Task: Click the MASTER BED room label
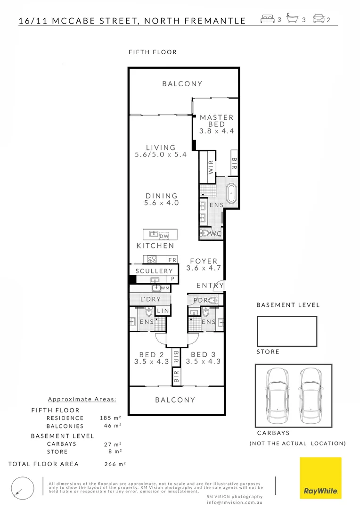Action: (216, 121)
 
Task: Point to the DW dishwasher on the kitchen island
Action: (164, 235)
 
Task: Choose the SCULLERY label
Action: (154, 271)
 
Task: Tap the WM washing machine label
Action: (165, 288)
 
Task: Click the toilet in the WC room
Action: (206, 233)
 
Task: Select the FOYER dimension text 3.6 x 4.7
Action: (204, 268)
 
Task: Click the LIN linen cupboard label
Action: (163, 311)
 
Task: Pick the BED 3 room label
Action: (202, 355)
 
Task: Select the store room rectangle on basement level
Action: (286, 331)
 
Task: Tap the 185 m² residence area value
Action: (111, 418)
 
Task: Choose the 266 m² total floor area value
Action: (115, 464)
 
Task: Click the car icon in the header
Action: (318, 19)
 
